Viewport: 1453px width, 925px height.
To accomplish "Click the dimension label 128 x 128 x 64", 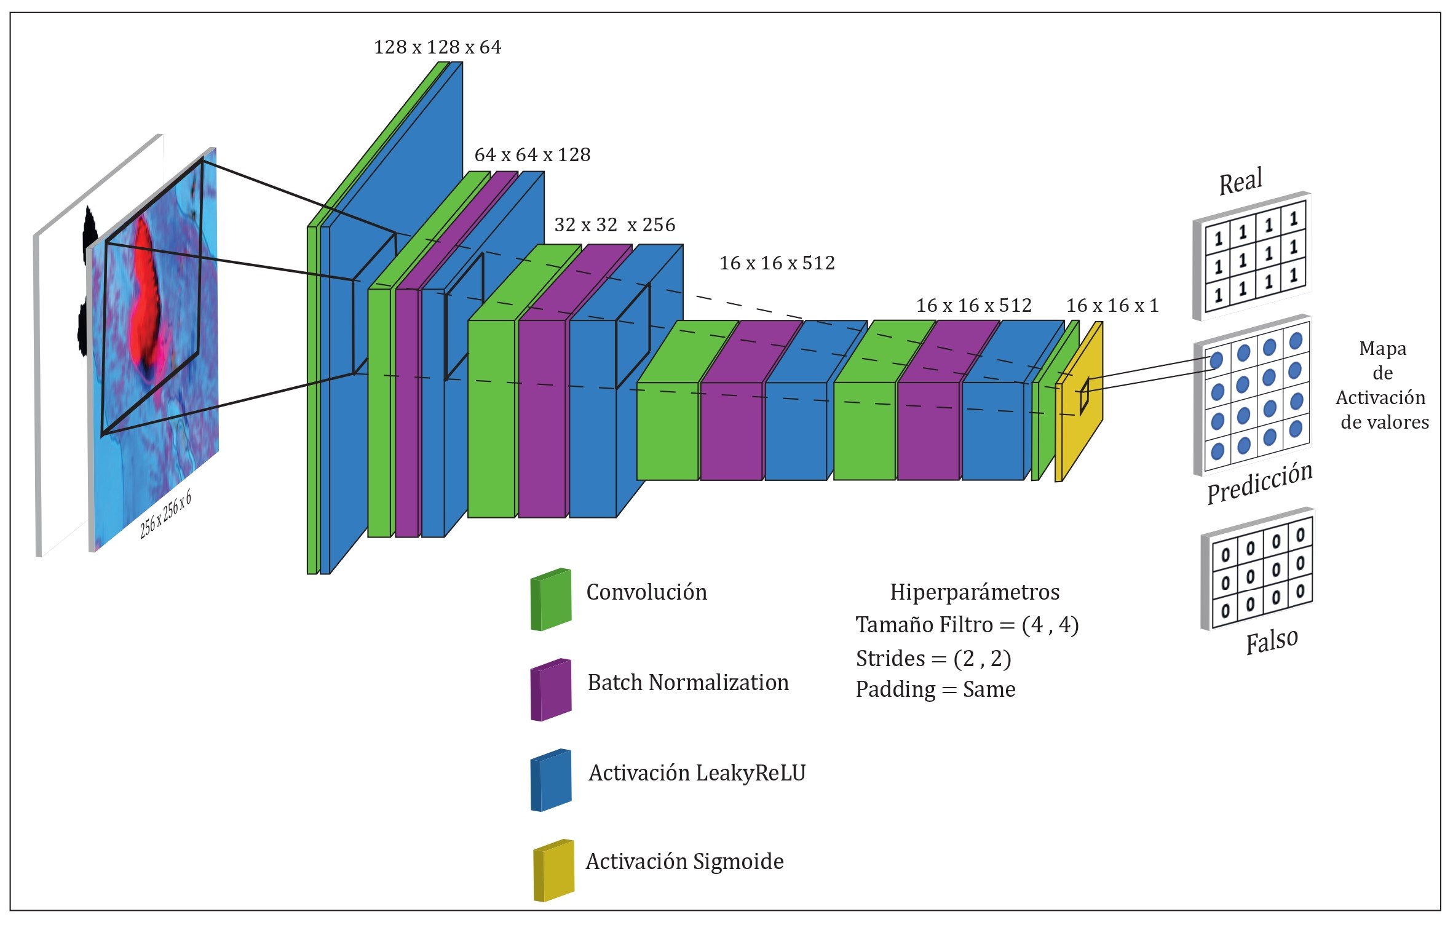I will tap(437, 47).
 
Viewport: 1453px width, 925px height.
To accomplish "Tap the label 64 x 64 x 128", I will tap(532, 155).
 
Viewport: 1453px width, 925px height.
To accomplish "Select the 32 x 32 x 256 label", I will tap(614, 225).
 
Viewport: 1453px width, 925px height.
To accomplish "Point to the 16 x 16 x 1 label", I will tap(1112, 306).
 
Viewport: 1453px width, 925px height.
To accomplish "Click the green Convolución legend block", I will tap(551, 600).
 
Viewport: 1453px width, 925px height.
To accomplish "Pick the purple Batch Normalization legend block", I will tap(551, 690).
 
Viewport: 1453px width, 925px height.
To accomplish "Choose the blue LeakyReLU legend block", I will tap(551, 780).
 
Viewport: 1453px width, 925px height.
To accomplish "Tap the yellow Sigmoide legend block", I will tap(553, 871).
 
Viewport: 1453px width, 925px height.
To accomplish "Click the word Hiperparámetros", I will tap(975, 592).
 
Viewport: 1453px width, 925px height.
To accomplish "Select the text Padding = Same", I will tap(935, 689).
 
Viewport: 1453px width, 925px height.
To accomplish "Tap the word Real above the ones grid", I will tap(1240, 181).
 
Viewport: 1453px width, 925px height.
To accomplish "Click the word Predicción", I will tap(1259, 483).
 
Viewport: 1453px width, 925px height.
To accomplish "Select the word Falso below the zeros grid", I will tap(1271, 642).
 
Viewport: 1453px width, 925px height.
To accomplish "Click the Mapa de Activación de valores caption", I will tap(1382, 386).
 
